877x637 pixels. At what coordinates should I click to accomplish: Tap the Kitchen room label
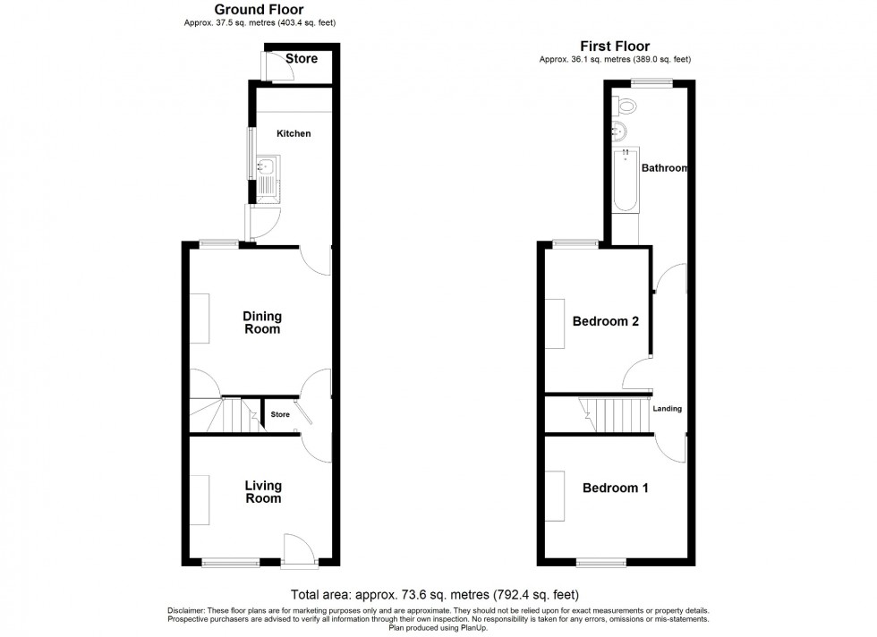pyautogui.click(x=294, y=133)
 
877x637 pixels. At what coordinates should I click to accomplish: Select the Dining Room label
pyautogui.click(x=263, y=322)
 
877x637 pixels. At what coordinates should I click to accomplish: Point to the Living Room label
pyautogui.click(x=263, y=492)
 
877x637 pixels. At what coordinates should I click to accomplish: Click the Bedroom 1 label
pyautogui.click(x=616, y=488)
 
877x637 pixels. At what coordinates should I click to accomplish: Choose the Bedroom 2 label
pyautogui.click(x=606, y=322)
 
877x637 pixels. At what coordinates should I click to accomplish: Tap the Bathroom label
pyautogui.click(x=664, y=168)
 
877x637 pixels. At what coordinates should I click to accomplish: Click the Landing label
pyautogui.click(x=668, y=409)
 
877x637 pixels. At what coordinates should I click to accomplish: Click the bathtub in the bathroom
pyautogui.click(x=626, y=180)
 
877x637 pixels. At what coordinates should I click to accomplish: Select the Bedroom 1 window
pyautogui.click(x=601, y=563)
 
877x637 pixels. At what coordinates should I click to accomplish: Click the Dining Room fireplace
pyautogui.click(x=200, y=318)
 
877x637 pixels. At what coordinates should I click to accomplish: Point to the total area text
pyautogui.click(x=436, y=594)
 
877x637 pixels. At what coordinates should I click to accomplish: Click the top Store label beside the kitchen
pyautogui.click(x=302, y=60)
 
